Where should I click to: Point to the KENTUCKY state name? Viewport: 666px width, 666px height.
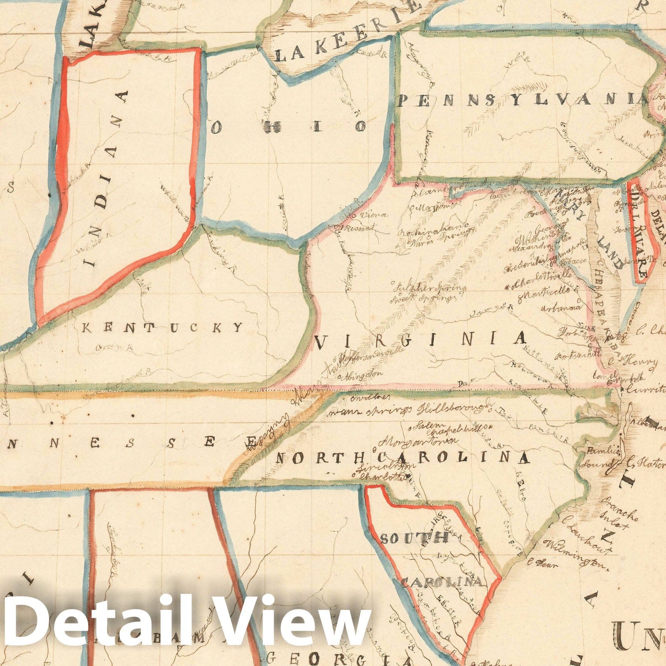click(162, 328)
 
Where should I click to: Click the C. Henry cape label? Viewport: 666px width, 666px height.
click(635, 362)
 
